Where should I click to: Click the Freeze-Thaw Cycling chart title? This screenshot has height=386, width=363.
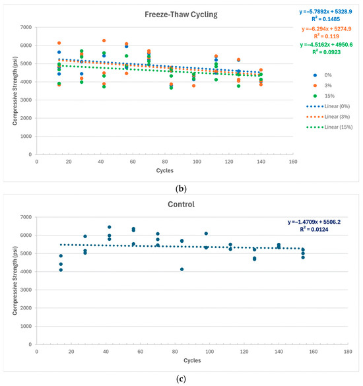(x=181, y=15)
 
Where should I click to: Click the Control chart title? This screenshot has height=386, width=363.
(x=181, y=205)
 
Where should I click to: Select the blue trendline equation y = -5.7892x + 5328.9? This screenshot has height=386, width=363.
(x=325, y=12)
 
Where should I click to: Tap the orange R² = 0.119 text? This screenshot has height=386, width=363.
(x=326, y=36)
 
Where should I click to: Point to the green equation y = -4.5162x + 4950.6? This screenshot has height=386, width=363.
(x=326, y=45)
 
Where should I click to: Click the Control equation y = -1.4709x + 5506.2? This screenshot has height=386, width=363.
(x=314, y=222)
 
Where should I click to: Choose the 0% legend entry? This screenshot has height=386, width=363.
(x=323, y=75)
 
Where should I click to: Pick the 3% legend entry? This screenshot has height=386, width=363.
(x=323, y=85)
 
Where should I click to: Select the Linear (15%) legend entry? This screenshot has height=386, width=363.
(x=329, y=127)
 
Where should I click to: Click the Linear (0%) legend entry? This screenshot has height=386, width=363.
(x=328, y=106)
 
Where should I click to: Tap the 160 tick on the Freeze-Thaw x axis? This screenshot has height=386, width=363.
(x=293, y=162)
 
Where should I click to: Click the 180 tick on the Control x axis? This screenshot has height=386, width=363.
(x=348, y=352)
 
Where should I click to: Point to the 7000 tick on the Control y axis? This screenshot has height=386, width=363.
(x=26, y=217)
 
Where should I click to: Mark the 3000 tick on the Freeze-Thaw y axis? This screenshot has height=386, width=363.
(x=26, y=100)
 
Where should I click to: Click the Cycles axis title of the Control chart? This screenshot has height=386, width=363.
(x=192, y=360)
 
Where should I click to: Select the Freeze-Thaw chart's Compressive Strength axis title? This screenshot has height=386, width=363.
(x=15, y=90)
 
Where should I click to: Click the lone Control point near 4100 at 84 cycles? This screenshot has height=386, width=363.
(x=181, y=269)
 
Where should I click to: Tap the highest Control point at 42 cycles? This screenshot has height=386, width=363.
(x=110, y=227)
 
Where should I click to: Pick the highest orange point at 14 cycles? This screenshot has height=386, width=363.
(x=59, y=43)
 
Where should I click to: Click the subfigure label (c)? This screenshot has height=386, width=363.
(x=181, y=379)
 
